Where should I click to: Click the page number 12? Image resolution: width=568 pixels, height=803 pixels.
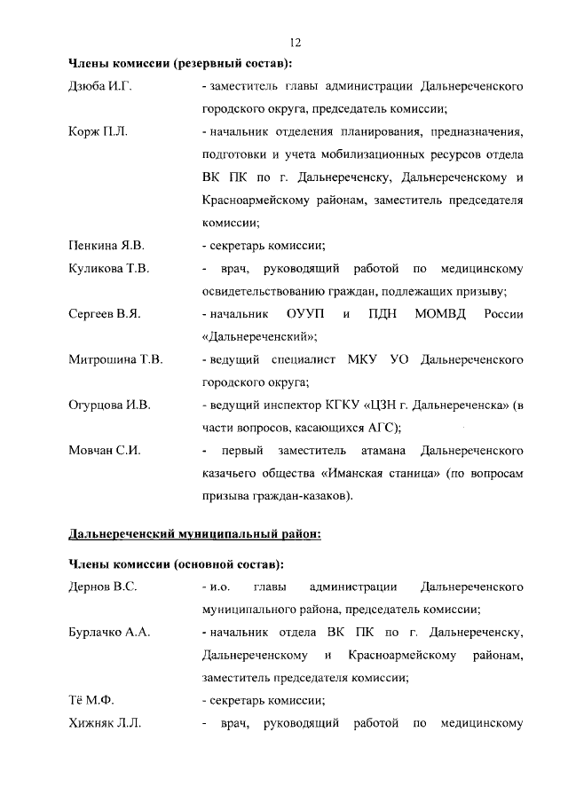click(x=296, y=43)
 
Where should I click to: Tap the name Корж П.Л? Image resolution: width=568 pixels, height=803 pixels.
click(x=99, y=132)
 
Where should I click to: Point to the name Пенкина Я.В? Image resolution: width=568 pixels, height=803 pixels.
click(x=106, y=245)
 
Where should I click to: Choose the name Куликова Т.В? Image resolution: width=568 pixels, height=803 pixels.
click(x=108, y=268)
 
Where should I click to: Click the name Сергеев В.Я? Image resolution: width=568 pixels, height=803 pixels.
click(x=105, y=313)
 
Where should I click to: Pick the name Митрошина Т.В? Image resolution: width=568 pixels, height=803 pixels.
click(x=115, y=359)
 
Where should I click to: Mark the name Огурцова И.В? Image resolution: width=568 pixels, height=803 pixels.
click(x=110, y=405)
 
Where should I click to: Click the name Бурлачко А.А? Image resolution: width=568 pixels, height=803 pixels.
click(x=109, y=632)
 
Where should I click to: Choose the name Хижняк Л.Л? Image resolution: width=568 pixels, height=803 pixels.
click(x=104, y=723)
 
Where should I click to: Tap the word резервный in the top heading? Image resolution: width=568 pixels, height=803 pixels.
click(x=212, y=63)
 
